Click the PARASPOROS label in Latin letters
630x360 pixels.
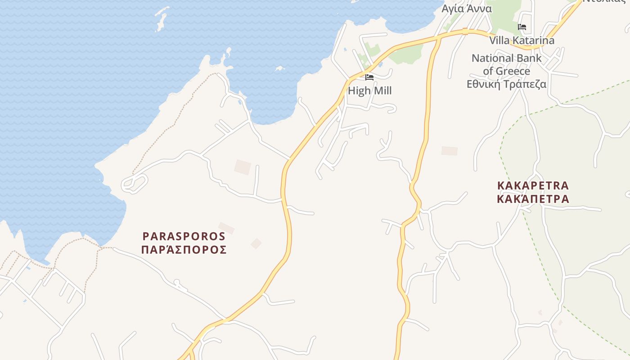point(184,236)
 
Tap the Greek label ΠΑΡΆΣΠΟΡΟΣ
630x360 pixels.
point(184,250)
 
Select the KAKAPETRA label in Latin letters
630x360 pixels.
point(533,185)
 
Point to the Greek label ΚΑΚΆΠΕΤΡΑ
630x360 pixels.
point(533,199)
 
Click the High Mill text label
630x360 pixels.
point(369,90)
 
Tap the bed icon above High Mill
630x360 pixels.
point(369,77)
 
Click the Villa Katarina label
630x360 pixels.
point(522,40)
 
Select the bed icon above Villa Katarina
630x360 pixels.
point(522,27)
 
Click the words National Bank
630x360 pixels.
point(506,58)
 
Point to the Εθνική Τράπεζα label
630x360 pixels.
point(506,84)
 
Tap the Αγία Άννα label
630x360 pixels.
point(467,9)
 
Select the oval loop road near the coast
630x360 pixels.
point(134,183)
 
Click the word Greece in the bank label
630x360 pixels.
point(513,71)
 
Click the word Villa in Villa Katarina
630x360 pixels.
point(499,40)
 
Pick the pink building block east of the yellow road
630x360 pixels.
point(449,151)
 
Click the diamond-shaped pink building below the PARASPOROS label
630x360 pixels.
point(256,243)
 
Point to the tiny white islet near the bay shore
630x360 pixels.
point(280,69)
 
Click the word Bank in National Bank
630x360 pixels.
point(531,58)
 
